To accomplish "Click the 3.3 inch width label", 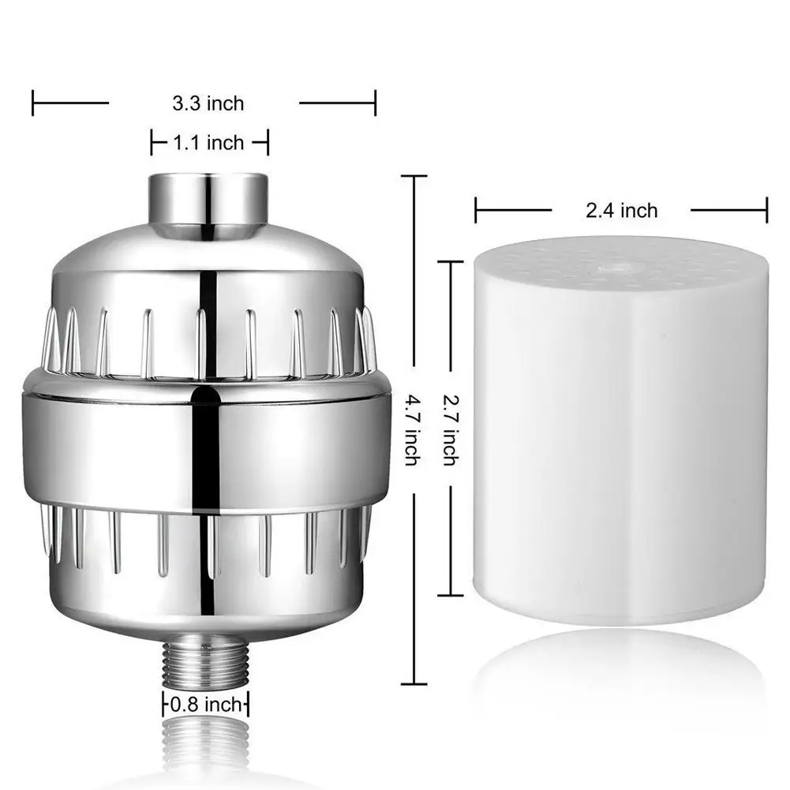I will coord(208,103).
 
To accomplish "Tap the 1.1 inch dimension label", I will coord(209,143).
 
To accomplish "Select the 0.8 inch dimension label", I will coord(206,703).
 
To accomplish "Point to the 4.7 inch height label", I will coord(411,431).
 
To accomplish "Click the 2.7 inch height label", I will coord(449,431).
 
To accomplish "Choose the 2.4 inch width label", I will coord(621,211).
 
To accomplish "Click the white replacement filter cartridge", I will coord(620,442).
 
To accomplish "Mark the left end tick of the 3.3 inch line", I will coord(33,103).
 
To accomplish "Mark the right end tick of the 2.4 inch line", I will coord(766,211).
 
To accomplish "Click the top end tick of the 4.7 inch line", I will coord(414,177).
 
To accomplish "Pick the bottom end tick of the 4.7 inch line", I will coord(414,684).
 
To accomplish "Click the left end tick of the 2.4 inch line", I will coord(476,211).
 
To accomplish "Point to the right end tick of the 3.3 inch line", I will coord(375,103).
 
